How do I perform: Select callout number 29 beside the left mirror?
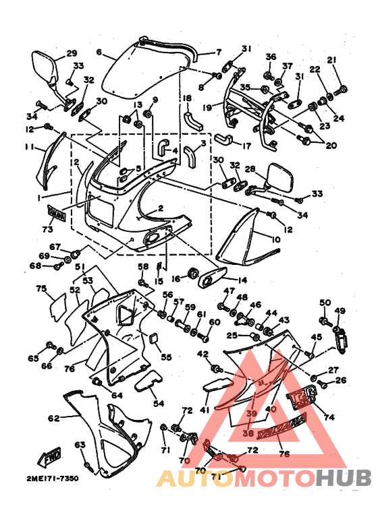(72, 54)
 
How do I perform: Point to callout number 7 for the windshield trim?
(218, 52)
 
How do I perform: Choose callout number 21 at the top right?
(331, 61)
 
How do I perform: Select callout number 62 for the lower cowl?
(54, 419)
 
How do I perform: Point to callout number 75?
(41, 289)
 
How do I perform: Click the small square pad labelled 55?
(152, 337)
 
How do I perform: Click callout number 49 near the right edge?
(340, 311)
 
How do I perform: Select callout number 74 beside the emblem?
(329, 417)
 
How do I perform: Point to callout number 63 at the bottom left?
(80, 445)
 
